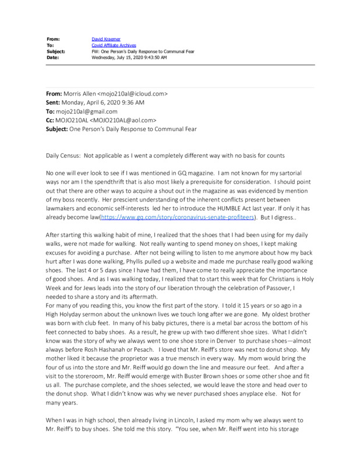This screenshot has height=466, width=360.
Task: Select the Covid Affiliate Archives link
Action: [112, 45]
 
